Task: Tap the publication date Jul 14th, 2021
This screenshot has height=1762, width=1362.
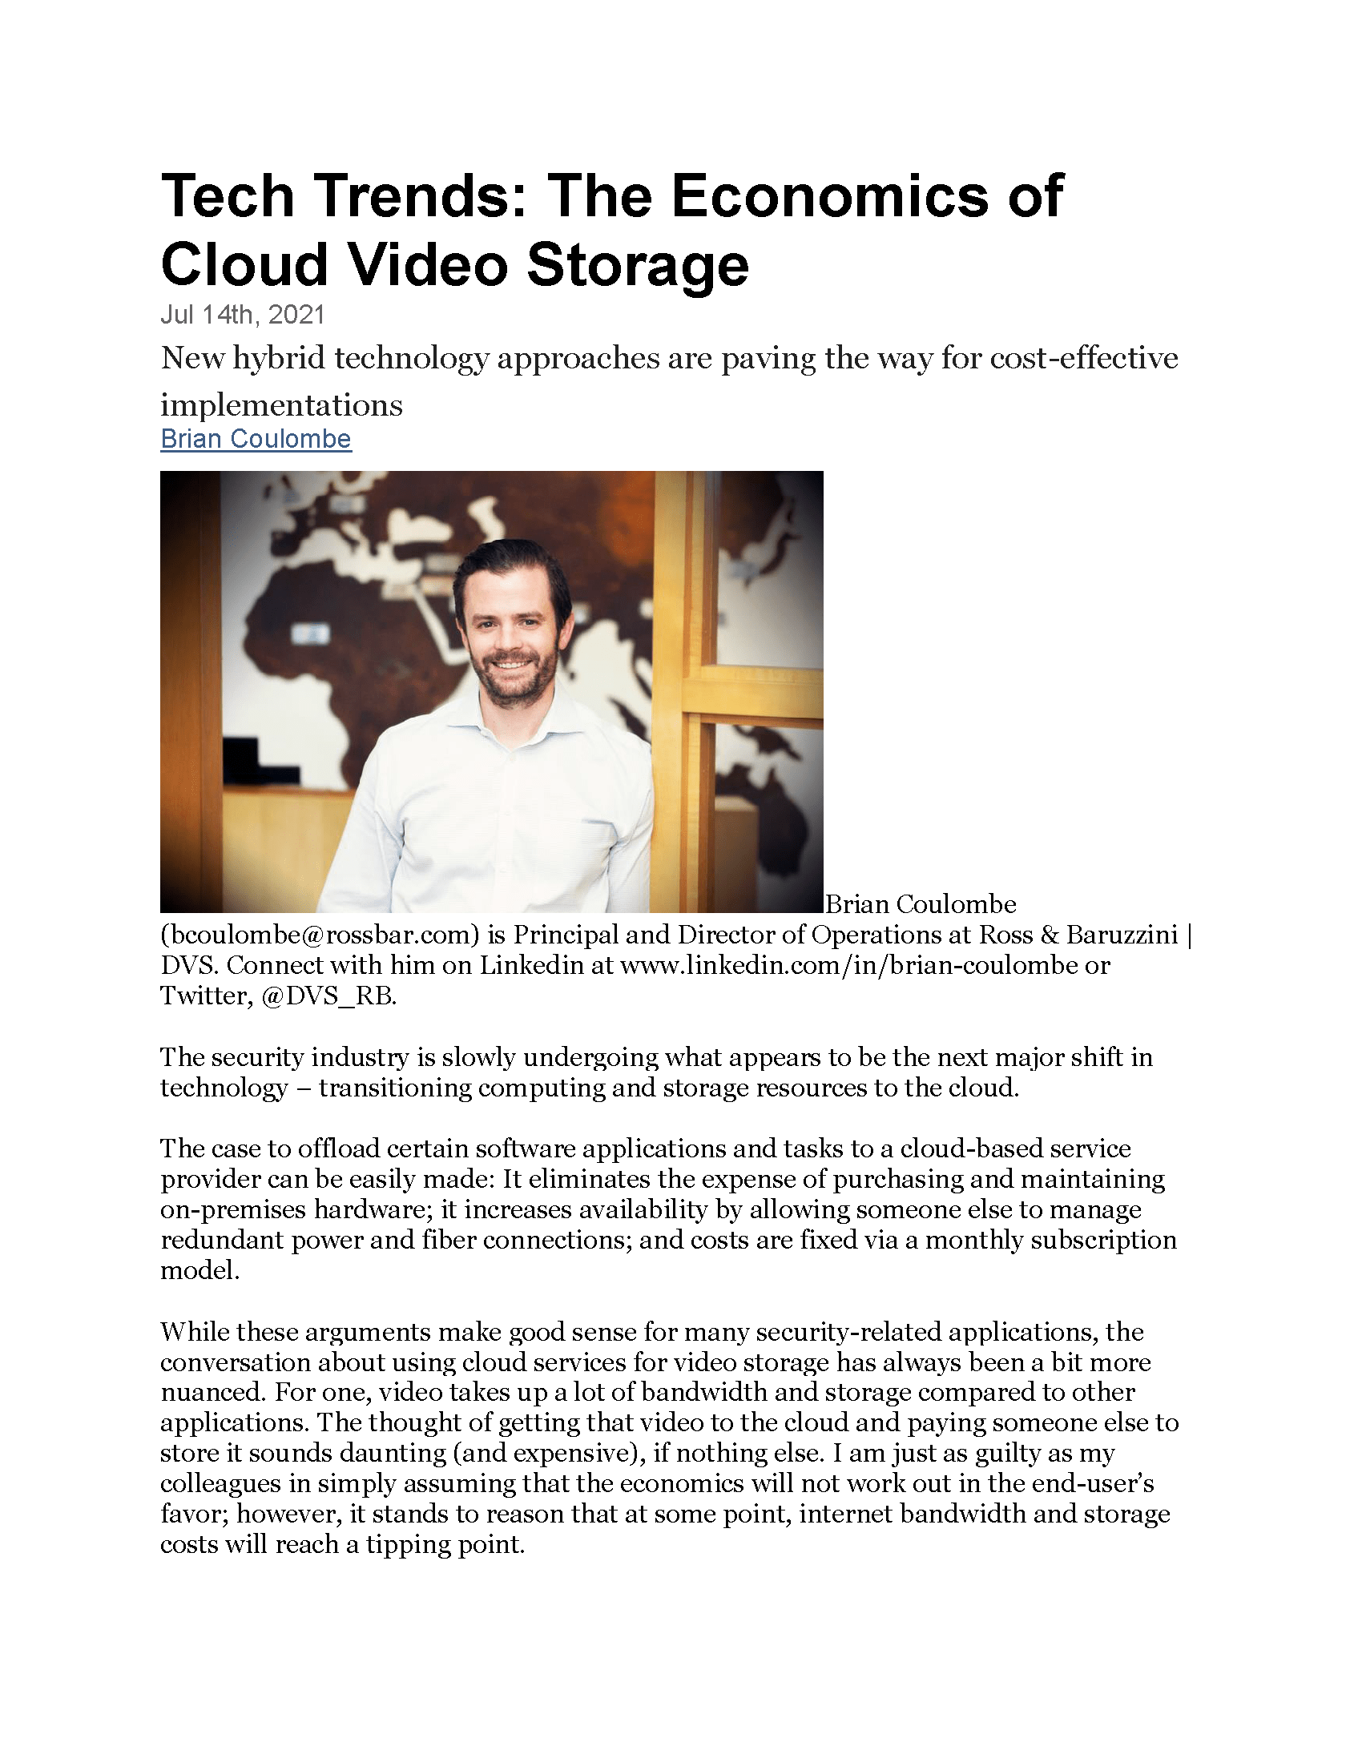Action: (x=242, y=315)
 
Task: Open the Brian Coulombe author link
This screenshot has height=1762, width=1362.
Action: (x=256, y=439)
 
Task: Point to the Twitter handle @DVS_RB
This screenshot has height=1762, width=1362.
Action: (x=329, y=996)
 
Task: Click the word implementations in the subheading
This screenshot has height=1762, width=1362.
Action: (x=281, y=404)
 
